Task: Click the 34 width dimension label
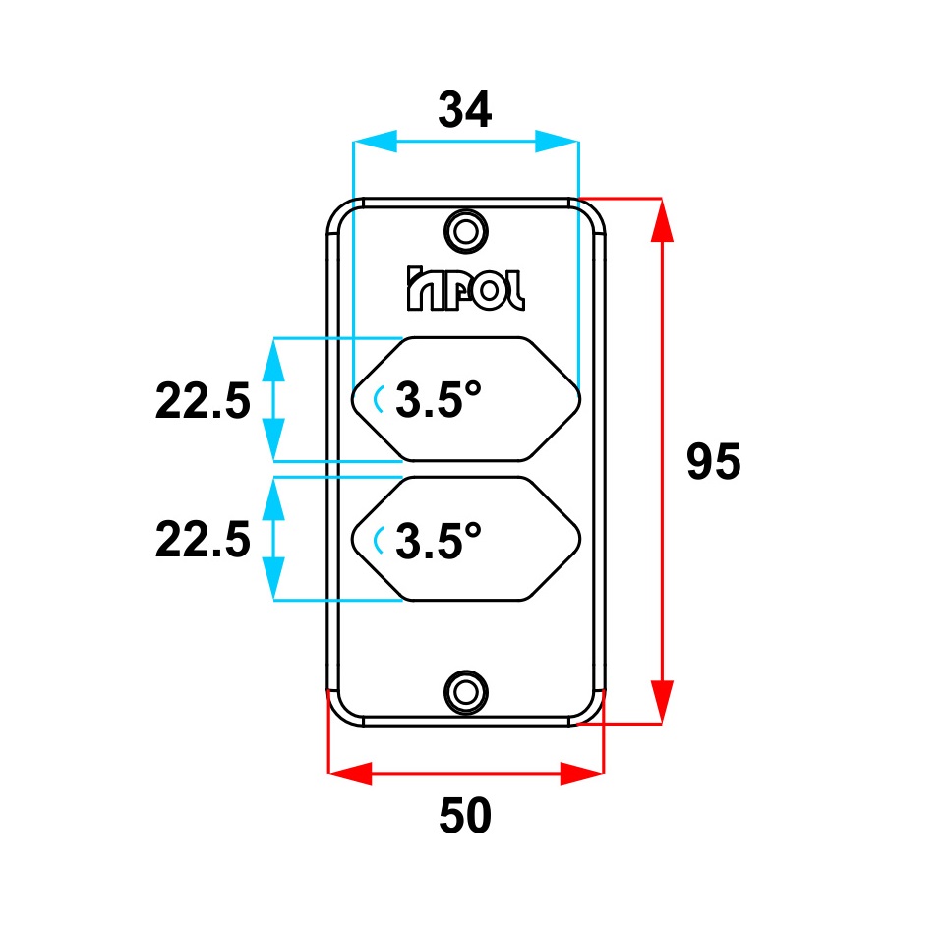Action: click(464, 110)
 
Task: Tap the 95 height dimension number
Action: click(713, 461)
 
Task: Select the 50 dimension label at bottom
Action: click(464, 815)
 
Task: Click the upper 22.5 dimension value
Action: click(203, 400)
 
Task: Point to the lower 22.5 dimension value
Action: click(203, 540)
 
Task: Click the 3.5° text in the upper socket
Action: click(439, 399)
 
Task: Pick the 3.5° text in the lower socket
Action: click(439, 541)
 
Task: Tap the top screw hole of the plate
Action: click(466, 231)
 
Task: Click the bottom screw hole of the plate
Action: click(466, 692)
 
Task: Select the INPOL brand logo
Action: click(466, 288)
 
